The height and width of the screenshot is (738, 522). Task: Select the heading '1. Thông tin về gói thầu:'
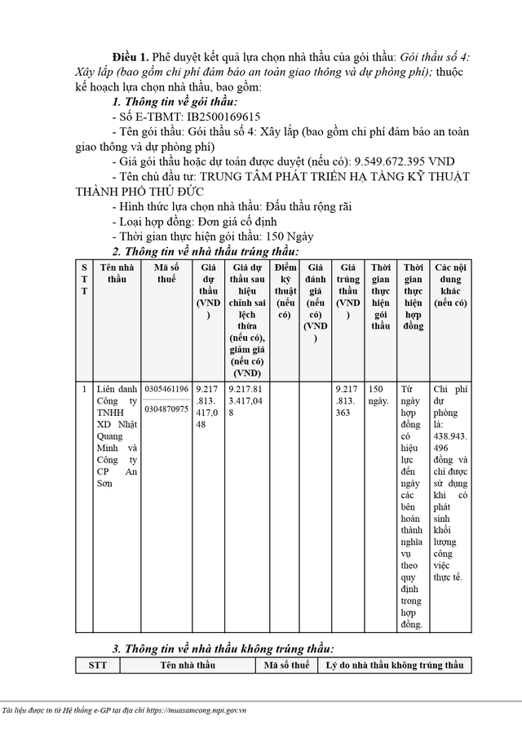coord(175,103)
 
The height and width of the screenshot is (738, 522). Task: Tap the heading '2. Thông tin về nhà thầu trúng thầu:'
coord(206,251)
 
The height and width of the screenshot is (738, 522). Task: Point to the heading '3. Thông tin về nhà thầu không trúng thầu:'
coord(223,648)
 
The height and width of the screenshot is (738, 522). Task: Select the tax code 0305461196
coord(166,389)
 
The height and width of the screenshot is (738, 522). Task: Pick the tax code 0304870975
coord(166,409)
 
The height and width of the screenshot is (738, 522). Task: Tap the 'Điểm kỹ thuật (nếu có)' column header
coord(285,290)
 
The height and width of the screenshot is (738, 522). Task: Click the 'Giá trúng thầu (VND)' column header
coord(349,290)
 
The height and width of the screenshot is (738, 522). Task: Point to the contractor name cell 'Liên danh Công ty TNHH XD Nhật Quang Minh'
coord(116,435)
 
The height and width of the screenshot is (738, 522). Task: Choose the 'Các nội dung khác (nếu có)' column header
coord(450,285)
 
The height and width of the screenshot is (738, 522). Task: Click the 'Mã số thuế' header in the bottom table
coord(285,665)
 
